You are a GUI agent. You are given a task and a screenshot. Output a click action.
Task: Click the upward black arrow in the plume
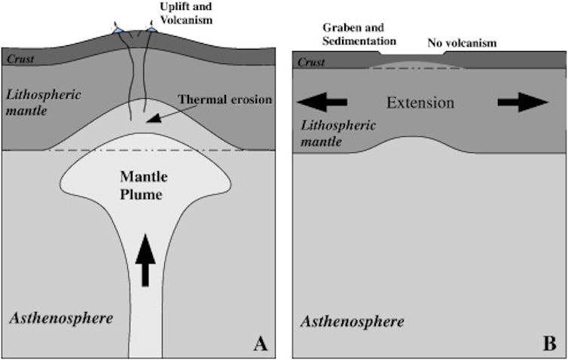tap(145, 264)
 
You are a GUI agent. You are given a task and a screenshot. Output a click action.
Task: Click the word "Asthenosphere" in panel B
tap(353, 322)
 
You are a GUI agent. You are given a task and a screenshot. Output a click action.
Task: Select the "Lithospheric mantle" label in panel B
tap(337, 133)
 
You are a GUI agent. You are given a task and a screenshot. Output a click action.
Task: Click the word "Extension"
tap(420, 102)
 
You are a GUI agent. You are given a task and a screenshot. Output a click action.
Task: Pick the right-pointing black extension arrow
tap(522, 102)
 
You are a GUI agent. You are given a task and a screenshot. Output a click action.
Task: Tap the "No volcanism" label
tap(462, 43)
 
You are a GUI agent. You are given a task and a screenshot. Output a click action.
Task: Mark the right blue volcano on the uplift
tap(151, 29)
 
